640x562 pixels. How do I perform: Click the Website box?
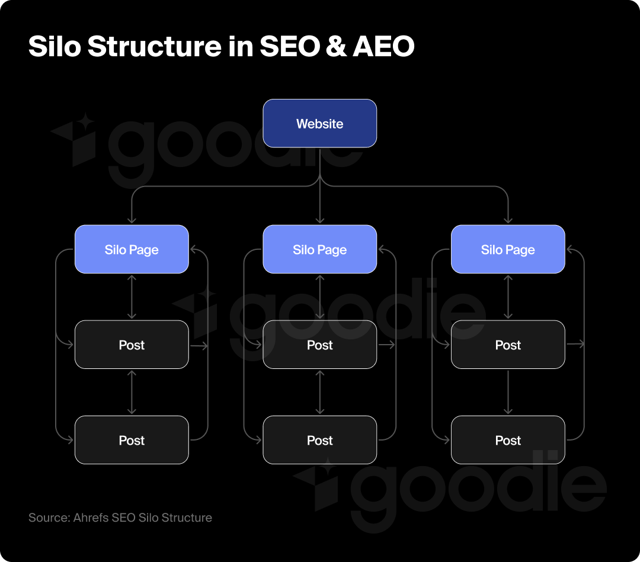pos(319,123)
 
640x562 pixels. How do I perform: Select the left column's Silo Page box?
pos(132,249)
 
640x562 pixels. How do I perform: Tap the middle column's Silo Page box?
pos(319,249)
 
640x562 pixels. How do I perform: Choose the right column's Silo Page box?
pos(508,249)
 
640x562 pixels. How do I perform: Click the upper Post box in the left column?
pos(132,345)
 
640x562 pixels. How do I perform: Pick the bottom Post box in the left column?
pos(132,440)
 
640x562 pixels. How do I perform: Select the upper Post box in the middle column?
pos(319,345)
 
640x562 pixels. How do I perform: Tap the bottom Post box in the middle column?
pos(319,440)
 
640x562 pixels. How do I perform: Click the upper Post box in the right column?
pos(508,345)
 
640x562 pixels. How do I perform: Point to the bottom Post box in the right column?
pos(508,440)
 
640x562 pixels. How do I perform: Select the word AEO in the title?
pos(383,47)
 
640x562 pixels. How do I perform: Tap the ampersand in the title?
pos(335,47)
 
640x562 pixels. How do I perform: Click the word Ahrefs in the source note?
pos(91,518)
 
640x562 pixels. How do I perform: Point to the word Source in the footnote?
pos(48,518)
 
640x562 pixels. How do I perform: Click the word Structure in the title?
pos(155,47)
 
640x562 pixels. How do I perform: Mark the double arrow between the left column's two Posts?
pos(132,392)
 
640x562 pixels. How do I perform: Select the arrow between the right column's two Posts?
pos(508,392)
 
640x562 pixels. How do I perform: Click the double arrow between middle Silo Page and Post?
pos(319,297)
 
